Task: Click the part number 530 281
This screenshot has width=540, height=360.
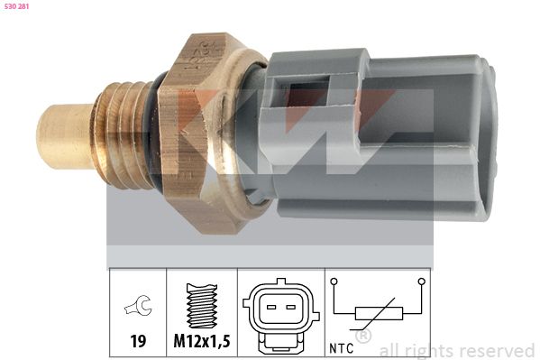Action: [x=18, y=6]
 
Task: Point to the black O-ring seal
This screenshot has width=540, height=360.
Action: [x=163, y=135]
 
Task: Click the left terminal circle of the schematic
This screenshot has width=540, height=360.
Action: [x=334, y=282]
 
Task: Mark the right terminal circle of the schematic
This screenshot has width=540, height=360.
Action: [x=422, y=282]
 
